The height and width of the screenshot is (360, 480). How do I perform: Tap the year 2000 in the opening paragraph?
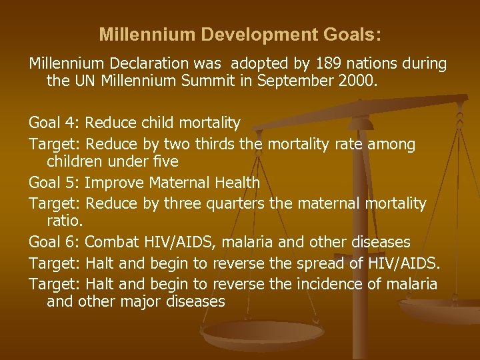tap(357, 83)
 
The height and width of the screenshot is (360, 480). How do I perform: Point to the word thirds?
tap(221, 143)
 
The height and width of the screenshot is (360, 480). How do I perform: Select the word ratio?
tap(64, 221)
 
